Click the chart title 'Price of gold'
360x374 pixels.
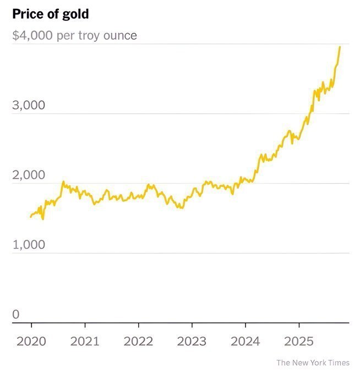pos(50,14)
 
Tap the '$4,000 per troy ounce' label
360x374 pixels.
pos(74,36)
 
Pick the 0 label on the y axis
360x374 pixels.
pos(16,315)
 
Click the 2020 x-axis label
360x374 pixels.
pos(31,342)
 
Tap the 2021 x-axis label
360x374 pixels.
pos(84,342)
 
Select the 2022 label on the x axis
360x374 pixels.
pos(138,342)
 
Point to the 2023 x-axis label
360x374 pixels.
pos(191,342)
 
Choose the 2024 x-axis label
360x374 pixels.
pos(245,342)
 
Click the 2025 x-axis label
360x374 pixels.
pos(298,342)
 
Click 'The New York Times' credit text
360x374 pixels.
pos(313,363)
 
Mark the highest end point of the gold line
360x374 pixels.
pos(340,47)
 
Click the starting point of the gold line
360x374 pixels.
pos(31,217)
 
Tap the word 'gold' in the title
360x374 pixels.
pos(75,14)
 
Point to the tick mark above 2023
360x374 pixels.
pos(192,326)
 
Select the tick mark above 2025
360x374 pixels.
pos(299,326)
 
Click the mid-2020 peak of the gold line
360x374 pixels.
pos(63,182)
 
